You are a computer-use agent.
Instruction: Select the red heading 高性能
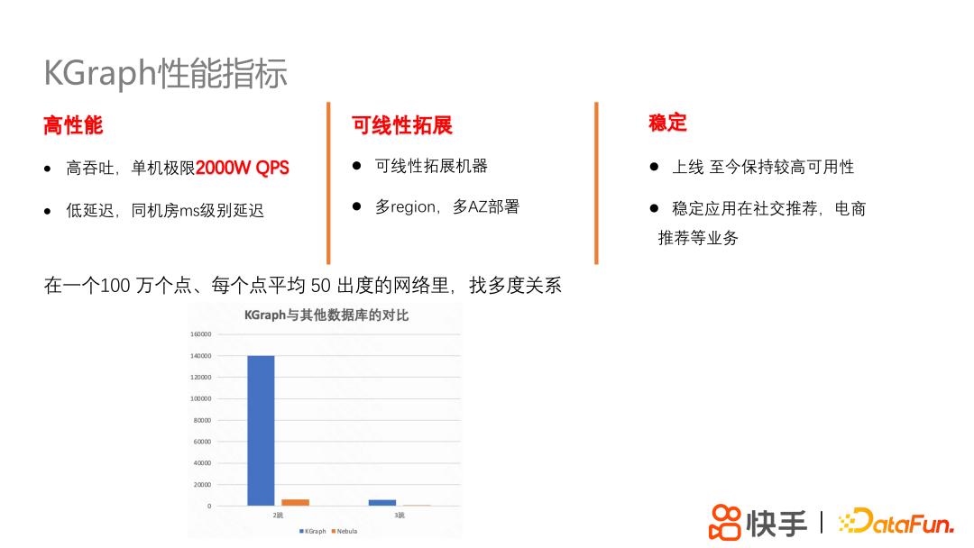(x=73, y=125)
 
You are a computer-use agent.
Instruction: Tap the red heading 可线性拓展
(x=402, y=125)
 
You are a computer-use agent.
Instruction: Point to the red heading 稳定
(x=667, y=123)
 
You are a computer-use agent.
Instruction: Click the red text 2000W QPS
(x=243, y=169)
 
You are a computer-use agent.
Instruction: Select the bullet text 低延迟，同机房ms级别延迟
(x=165, y=211)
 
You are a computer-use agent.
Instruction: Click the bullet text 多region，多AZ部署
(x=447, y=206)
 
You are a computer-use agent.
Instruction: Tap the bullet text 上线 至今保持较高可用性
(x=762, y=167)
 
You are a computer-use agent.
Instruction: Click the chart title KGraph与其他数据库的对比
(x=326, y=315)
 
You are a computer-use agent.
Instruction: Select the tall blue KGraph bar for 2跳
(x=261, y=430)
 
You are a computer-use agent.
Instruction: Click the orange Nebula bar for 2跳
(x=295, y=502)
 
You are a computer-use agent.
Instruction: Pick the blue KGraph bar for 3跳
(x=382, y=502)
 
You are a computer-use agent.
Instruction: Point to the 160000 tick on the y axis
(x=200, y=334)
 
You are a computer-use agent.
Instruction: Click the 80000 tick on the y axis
(x=202, y=420)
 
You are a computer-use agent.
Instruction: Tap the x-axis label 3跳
(x=399, y=516)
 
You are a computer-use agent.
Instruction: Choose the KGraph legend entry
(x=313, y=532)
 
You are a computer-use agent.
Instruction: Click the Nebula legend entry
(x=345, y=532)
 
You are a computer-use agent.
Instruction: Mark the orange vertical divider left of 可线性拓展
(x=328, y=182)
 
